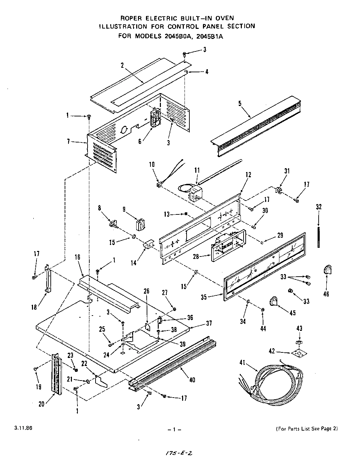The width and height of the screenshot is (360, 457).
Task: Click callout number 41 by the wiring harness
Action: (243, 362)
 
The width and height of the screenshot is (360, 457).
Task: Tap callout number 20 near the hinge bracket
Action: (42, 404)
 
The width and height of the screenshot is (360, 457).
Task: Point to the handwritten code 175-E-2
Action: (179, 453)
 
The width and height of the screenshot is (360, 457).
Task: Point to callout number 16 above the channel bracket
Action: (77, 257)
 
